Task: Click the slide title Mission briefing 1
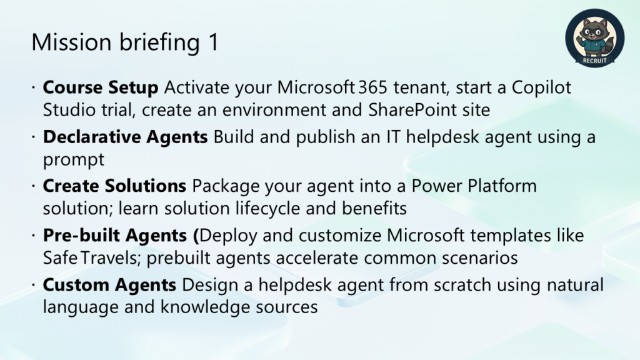coord(125,42)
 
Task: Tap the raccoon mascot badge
coord(595,38)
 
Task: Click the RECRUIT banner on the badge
coord(595,61)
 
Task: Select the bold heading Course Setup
coord(101,87)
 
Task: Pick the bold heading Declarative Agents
coord(125,137)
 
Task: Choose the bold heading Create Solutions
coord(114,186)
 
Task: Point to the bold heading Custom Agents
coord(109,285)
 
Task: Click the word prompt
coord(74,160)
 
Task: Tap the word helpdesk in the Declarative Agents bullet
coord(442,137)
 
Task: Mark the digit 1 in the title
coord(214,42)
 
